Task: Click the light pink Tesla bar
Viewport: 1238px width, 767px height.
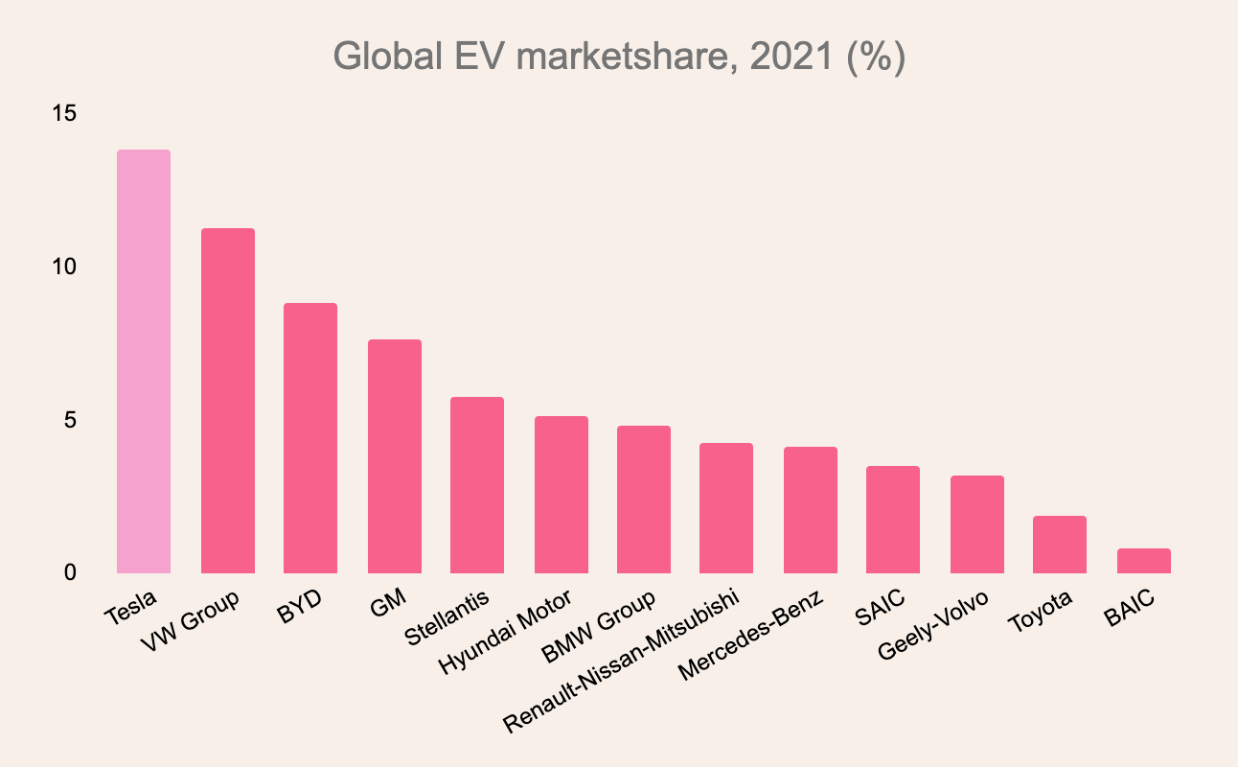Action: point(144,361)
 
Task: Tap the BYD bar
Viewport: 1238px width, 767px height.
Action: point(310,438)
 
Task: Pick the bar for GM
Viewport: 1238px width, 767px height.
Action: point(395,456)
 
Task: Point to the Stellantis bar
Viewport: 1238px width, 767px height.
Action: point(477,485)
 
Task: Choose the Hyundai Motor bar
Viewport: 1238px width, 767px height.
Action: point(562,495)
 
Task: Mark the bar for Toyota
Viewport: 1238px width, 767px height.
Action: point(1060,545)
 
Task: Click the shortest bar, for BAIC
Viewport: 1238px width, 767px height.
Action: point(1144,561)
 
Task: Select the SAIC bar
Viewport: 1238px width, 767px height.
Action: point(893,520)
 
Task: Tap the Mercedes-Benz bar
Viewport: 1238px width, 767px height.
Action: point(811,510)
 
